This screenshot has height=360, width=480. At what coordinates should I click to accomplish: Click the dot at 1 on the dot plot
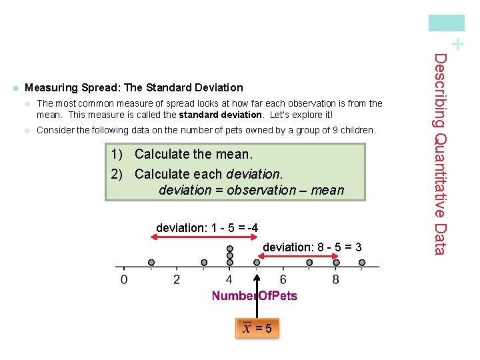[151, 263]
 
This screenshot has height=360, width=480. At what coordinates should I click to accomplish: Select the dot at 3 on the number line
[204, 263]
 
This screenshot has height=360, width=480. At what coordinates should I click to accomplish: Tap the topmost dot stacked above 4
[230, 249]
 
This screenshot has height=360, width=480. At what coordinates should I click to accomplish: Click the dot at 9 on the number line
[362, 263]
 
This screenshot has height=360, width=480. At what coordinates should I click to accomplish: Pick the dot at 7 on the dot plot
[309, 263]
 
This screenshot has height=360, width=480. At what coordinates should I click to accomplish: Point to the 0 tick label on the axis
[124, 279]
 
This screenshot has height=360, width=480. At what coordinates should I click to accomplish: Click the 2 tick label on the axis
[177, 279]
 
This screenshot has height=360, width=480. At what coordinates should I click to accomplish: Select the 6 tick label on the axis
[283, 279]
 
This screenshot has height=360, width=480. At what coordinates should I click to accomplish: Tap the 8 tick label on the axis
[335, 279]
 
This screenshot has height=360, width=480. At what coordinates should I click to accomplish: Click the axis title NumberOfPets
[255, 295]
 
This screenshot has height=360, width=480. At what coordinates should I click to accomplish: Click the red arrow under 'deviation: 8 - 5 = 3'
[296, 257]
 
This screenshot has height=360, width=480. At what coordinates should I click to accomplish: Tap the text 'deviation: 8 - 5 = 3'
[312, 247]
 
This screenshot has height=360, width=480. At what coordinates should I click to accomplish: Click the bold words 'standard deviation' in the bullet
[220, 114]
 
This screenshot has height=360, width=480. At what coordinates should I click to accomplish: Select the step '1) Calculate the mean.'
[182, 155]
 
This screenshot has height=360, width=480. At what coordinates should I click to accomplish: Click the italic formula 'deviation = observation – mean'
[251, 190]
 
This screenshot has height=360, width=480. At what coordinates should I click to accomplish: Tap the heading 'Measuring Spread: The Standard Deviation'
[133, 87]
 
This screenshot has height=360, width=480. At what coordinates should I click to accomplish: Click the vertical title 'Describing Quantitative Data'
[441, 154]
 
